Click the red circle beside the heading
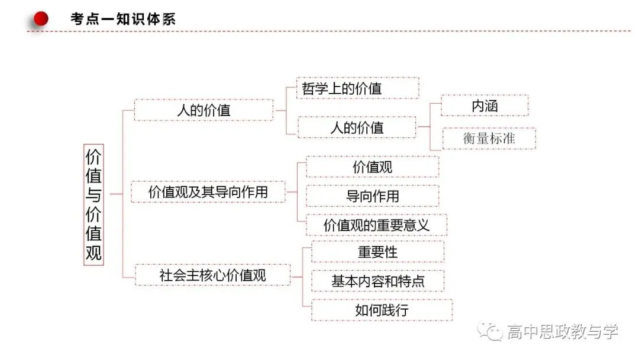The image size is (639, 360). (x=41, y=18)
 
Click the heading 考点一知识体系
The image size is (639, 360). (x=123, y=19)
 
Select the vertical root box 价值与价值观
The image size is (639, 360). (x=93, y=205)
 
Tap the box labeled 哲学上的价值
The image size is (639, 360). (x=358, y=88)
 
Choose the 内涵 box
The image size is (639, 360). (x=485, y=105)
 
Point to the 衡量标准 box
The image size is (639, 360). (x=489, y=138)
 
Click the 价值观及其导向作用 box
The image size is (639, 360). (x=208, y=192)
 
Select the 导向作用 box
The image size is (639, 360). (x=373, y=196)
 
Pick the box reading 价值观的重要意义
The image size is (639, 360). (x=376, y=225)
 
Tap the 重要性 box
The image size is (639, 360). (x=377, y=252)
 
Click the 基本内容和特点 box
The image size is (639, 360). (x=377, y=281)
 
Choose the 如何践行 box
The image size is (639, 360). (x=382, y=310)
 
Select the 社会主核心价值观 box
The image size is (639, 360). (x=213, y=275)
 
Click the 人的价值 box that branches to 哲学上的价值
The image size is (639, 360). (x=204, y=110)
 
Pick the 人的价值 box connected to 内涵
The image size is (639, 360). (x=357, y=128)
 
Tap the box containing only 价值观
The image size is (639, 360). (x=373, y=167)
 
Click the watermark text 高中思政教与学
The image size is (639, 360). (x=563, y=332)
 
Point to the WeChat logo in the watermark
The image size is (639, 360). (x=490, y=331)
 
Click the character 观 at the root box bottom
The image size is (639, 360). (x=93, y=253)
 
